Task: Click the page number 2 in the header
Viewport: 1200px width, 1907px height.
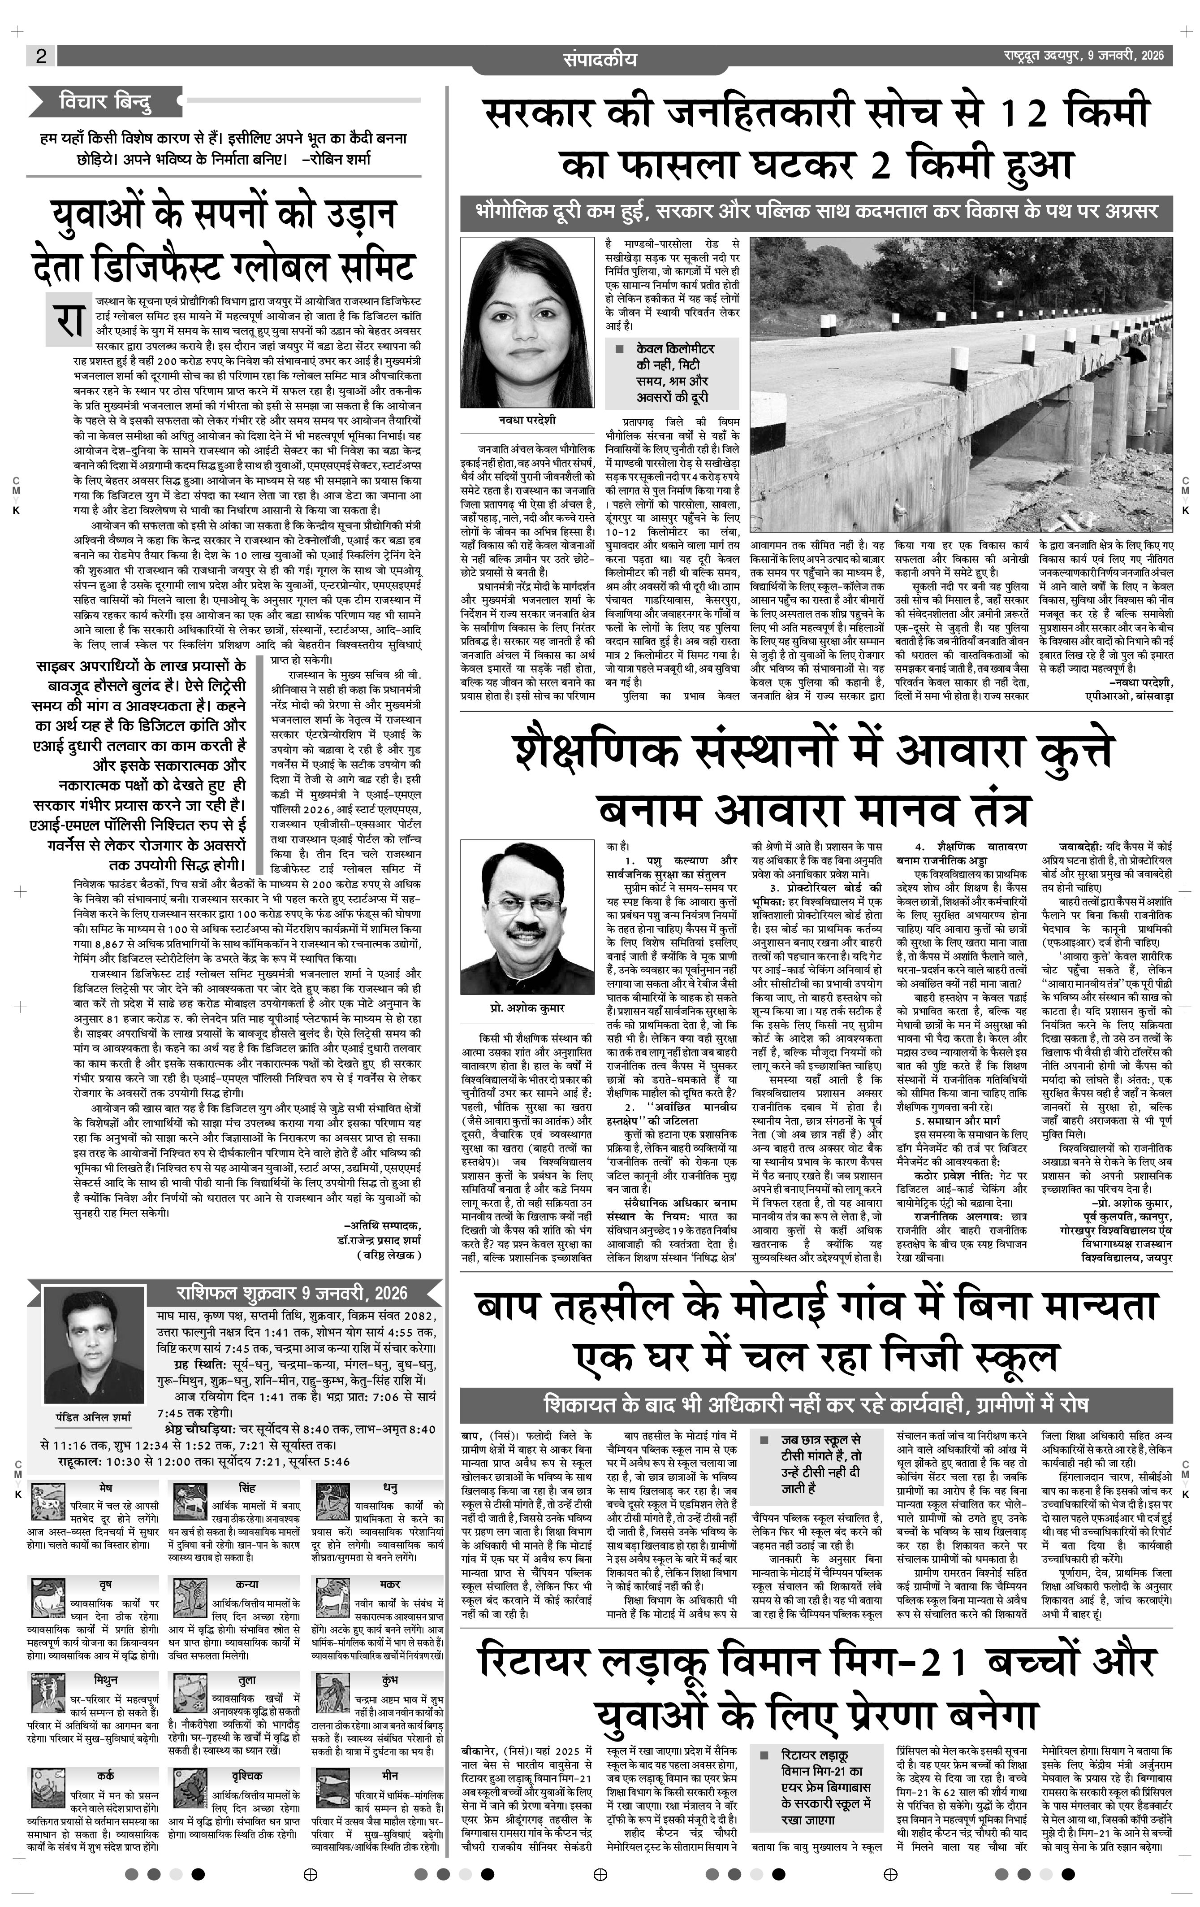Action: (41, 56)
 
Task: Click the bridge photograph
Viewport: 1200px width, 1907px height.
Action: (961, 384)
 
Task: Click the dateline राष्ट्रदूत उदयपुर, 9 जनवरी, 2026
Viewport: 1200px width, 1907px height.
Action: (1080, 56)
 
